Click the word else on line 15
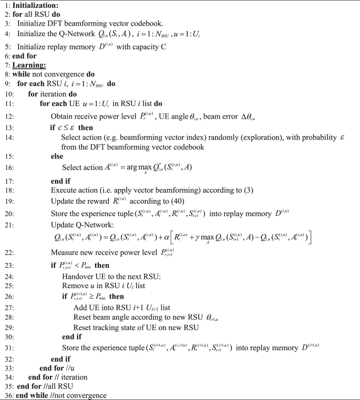point(56,156)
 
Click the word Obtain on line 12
point(63,115)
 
